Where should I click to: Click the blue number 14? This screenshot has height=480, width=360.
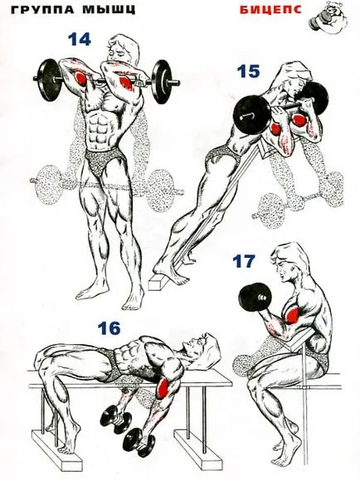pyautogui.click(x=80, y=40)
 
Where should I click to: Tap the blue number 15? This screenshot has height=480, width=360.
pyautogui.click(x=249, y=71)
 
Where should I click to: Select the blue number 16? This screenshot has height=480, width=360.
pyautogui.click(x=109, y=328)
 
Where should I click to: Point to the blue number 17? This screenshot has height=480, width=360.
pyautogui.click(x=244, y=261)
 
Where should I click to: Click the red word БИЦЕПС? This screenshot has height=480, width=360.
pyautogui.click(x=270, y=10)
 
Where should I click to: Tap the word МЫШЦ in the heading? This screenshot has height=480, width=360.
pyautogui.click(x=109, y=10)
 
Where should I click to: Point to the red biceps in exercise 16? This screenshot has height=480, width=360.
pyautogui.click(x=163, y=388)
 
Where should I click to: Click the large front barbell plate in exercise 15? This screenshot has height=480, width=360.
pyautogui.click(x=252, y=114)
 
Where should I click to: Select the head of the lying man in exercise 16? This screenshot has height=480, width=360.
pyautogui.click(x=204, y=347)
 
